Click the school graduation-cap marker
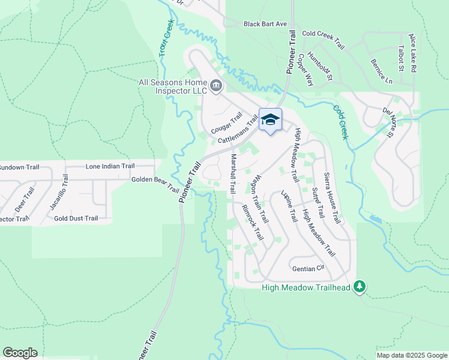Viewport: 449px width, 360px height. coord(270,120)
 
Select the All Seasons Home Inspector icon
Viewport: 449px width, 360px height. coord(215,88)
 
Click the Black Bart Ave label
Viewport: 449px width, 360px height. coord(265,24)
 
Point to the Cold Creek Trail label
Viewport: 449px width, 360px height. coord(324,40)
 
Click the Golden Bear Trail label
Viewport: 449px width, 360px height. coord(155,183)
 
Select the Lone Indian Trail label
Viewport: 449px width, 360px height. coord(110,166)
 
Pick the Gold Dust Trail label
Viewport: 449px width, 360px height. coord(76,219)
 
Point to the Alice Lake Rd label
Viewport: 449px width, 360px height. coord(412,53)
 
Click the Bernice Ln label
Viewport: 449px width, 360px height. coord(381,71)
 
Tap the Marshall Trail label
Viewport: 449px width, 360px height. coord(232,173)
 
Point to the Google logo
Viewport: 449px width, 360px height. coord(20,353)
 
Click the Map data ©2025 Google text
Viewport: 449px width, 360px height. coord(412,355)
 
